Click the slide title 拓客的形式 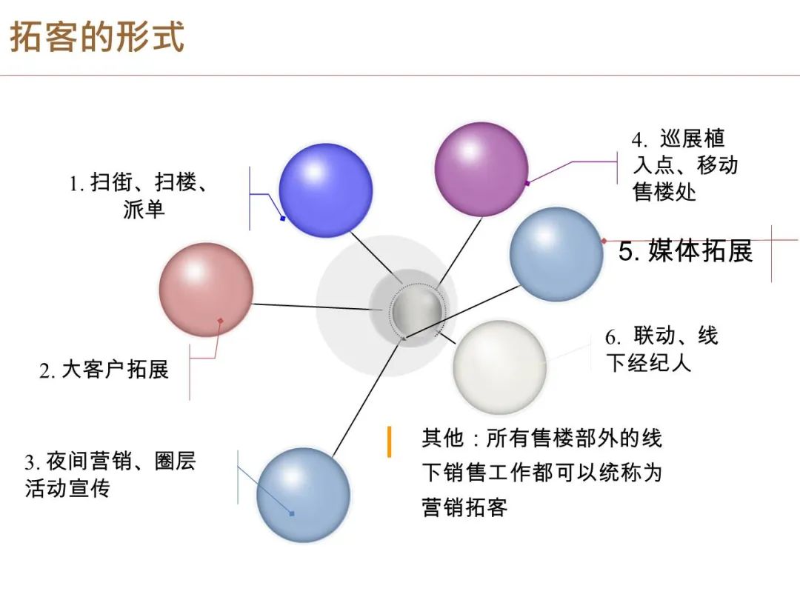97,36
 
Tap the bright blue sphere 325,190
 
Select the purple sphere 481,169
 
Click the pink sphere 206,290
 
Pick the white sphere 499,367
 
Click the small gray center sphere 416,310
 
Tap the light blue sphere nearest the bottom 303,495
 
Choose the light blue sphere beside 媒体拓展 556,254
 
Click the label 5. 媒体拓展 686,250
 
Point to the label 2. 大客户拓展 104,370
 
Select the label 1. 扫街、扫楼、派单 139,196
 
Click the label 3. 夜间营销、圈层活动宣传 110,475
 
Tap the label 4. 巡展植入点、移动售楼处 684,165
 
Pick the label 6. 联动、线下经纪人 661,350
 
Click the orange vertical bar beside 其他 390,441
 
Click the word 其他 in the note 442,439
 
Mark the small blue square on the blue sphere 283,219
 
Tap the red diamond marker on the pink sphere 221,321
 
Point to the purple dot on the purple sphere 527,183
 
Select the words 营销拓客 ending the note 464,507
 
